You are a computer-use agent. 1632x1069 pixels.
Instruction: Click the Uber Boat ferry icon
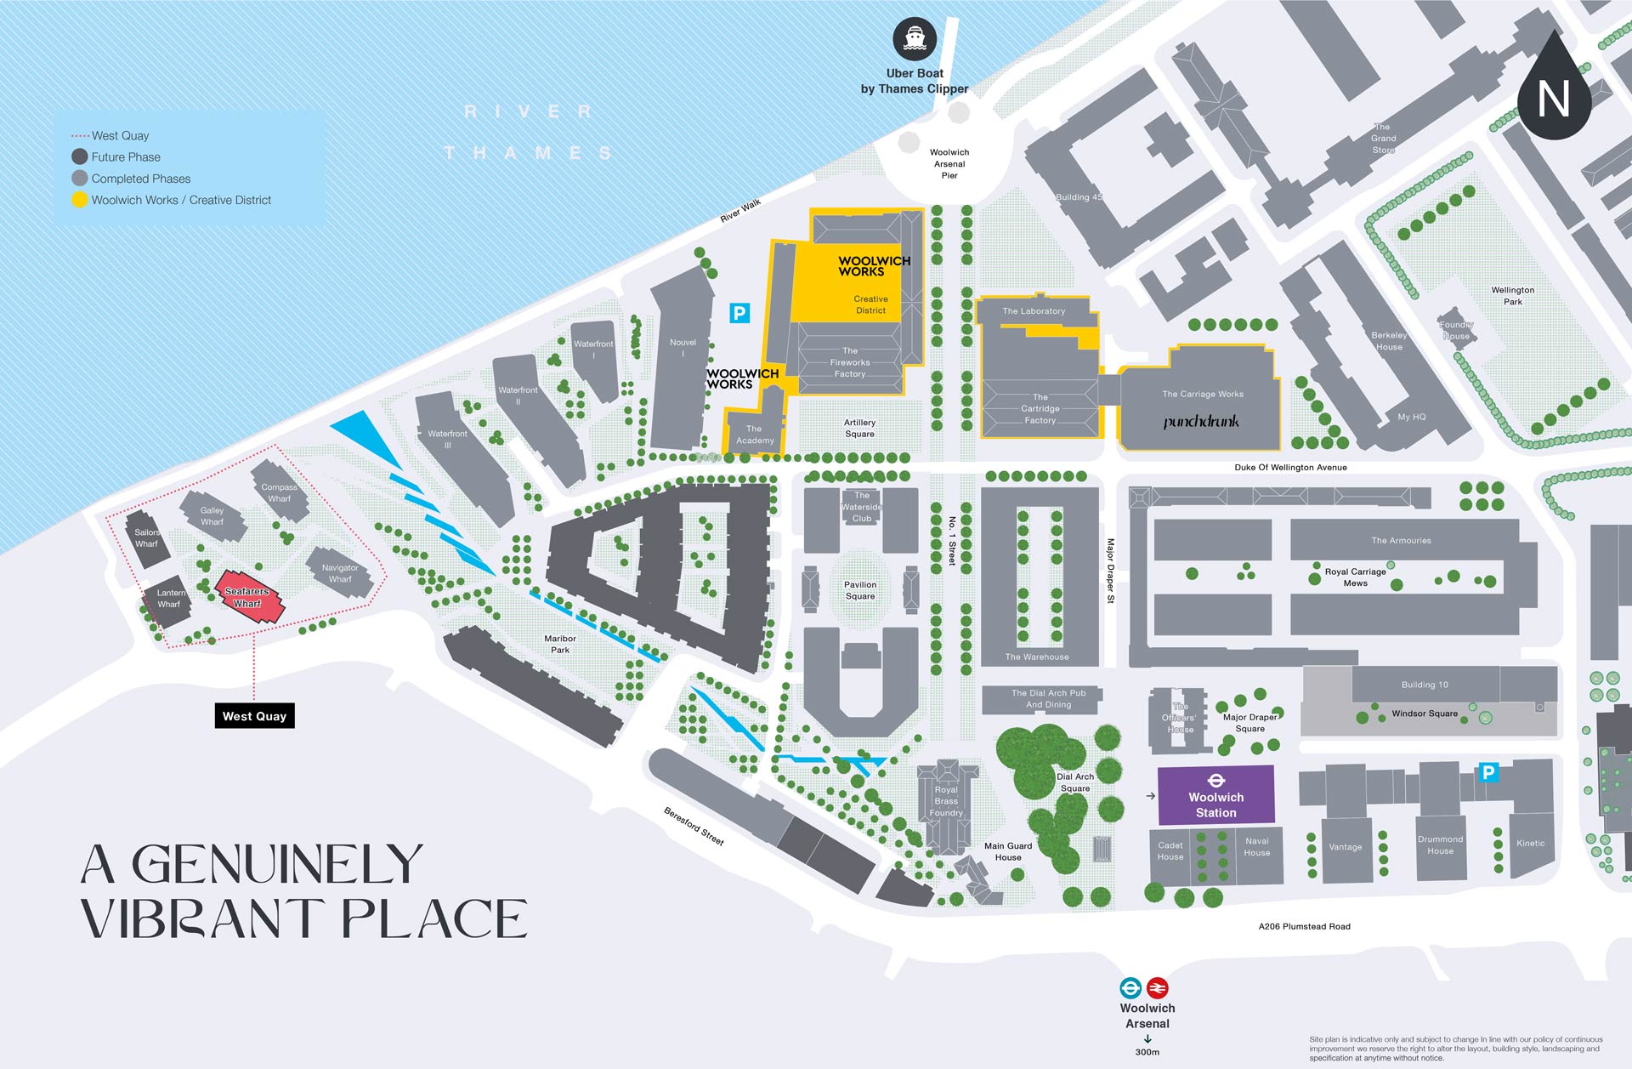point(915,39)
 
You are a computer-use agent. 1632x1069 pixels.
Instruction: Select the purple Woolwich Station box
point(1215,796)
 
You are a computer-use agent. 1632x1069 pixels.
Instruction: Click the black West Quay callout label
point(254,716)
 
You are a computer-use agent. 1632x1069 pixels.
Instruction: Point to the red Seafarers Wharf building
point(247,598)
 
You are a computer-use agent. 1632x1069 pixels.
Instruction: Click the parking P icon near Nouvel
point(739,313)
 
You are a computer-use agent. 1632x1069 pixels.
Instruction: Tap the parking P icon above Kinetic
point(1488,772)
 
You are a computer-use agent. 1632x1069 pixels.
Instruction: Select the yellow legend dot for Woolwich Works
point(79,200)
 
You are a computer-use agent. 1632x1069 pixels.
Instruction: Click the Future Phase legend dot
point(79,156)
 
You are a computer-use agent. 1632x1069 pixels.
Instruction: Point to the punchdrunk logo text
point(1201,421)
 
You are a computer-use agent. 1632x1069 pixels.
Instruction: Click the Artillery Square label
point(859,428)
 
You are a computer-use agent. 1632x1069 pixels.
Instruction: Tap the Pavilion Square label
point(860,590)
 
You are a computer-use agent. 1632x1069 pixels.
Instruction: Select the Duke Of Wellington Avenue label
point(1290,467)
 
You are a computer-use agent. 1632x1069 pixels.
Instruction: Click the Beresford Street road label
point(694,826)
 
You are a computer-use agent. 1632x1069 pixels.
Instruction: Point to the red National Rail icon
point(1157,988)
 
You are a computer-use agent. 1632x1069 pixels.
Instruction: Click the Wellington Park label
point(1512,295)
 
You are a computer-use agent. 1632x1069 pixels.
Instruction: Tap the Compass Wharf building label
point(280,493)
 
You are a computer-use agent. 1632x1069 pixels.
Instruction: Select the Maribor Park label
point(560,644)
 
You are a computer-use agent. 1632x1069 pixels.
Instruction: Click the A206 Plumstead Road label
point(1304,926)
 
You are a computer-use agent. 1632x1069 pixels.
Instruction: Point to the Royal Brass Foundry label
point(946,801)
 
